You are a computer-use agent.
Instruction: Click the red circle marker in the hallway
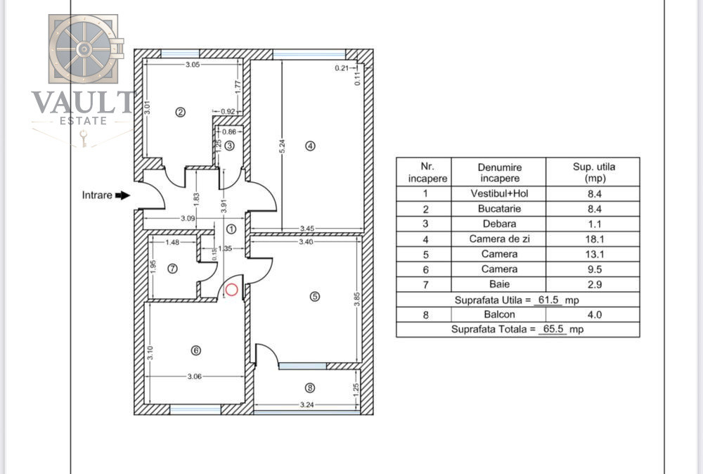coord(232,288)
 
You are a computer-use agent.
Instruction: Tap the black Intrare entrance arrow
coord(122,196)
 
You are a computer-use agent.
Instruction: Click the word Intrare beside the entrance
coord(97,196)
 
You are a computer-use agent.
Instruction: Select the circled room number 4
coord(311,146)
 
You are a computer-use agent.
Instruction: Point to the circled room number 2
coord(180,112)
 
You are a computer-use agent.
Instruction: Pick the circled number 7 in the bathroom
coord(173,268)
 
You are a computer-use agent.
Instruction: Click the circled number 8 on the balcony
coord(310,387)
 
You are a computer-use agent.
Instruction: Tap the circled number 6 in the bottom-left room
coord(195,350)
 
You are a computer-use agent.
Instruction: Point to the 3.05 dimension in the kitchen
coord(193,65)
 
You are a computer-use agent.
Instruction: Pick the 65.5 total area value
coord(552,329)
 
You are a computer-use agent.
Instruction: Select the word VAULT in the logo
coord(83,103)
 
